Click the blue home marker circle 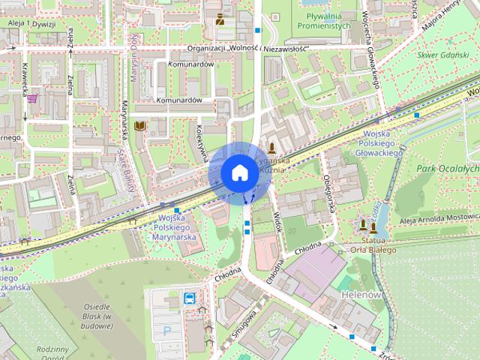coord(238,173)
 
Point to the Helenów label coord(361,295)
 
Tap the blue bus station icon coord(190,298)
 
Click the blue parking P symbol coord(168,330)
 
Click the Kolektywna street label coord(200,141)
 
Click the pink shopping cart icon coord(34,97)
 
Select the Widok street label coord(274,222)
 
